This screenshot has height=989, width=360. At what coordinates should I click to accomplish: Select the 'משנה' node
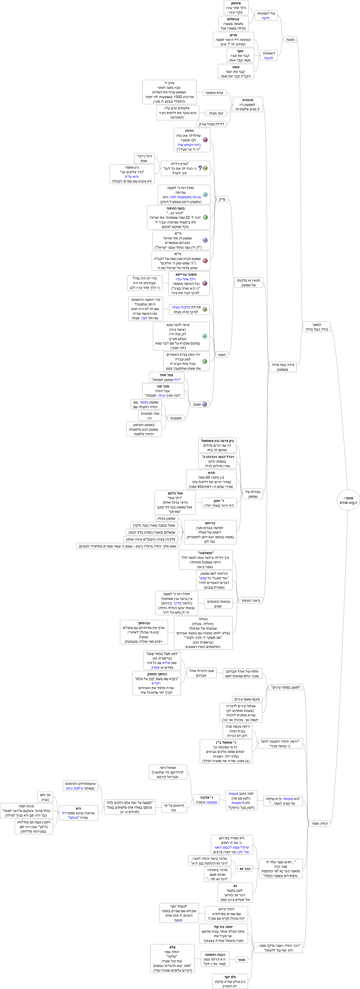[290, 40]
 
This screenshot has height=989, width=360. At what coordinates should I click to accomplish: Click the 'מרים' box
[233, 40]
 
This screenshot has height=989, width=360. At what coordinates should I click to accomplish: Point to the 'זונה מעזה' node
[216, 113]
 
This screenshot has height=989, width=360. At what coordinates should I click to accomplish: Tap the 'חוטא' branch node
[222, 355]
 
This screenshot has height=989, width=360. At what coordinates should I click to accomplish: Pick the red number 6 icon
[205, 261]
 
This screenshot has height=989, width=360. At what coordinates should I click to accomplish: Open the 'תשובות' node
[176, 418]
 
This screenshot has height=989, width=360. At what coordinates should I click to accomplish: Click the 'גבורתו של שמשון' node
[252, 494]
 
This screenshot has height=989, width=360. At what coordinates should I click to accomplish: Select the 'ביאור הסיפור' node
[251, 600]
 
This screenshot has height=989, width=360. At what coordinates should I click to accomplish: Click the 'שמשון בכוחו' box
[166, 518]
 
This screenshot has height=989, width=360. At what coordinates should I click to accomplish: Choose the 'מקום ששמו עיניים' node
[248, 699]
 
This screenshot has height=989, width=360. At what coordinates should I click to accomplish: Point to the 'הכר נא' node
[245, 869]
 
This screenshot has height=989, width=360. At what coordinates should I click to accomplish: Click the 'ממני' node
[241, 960]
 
